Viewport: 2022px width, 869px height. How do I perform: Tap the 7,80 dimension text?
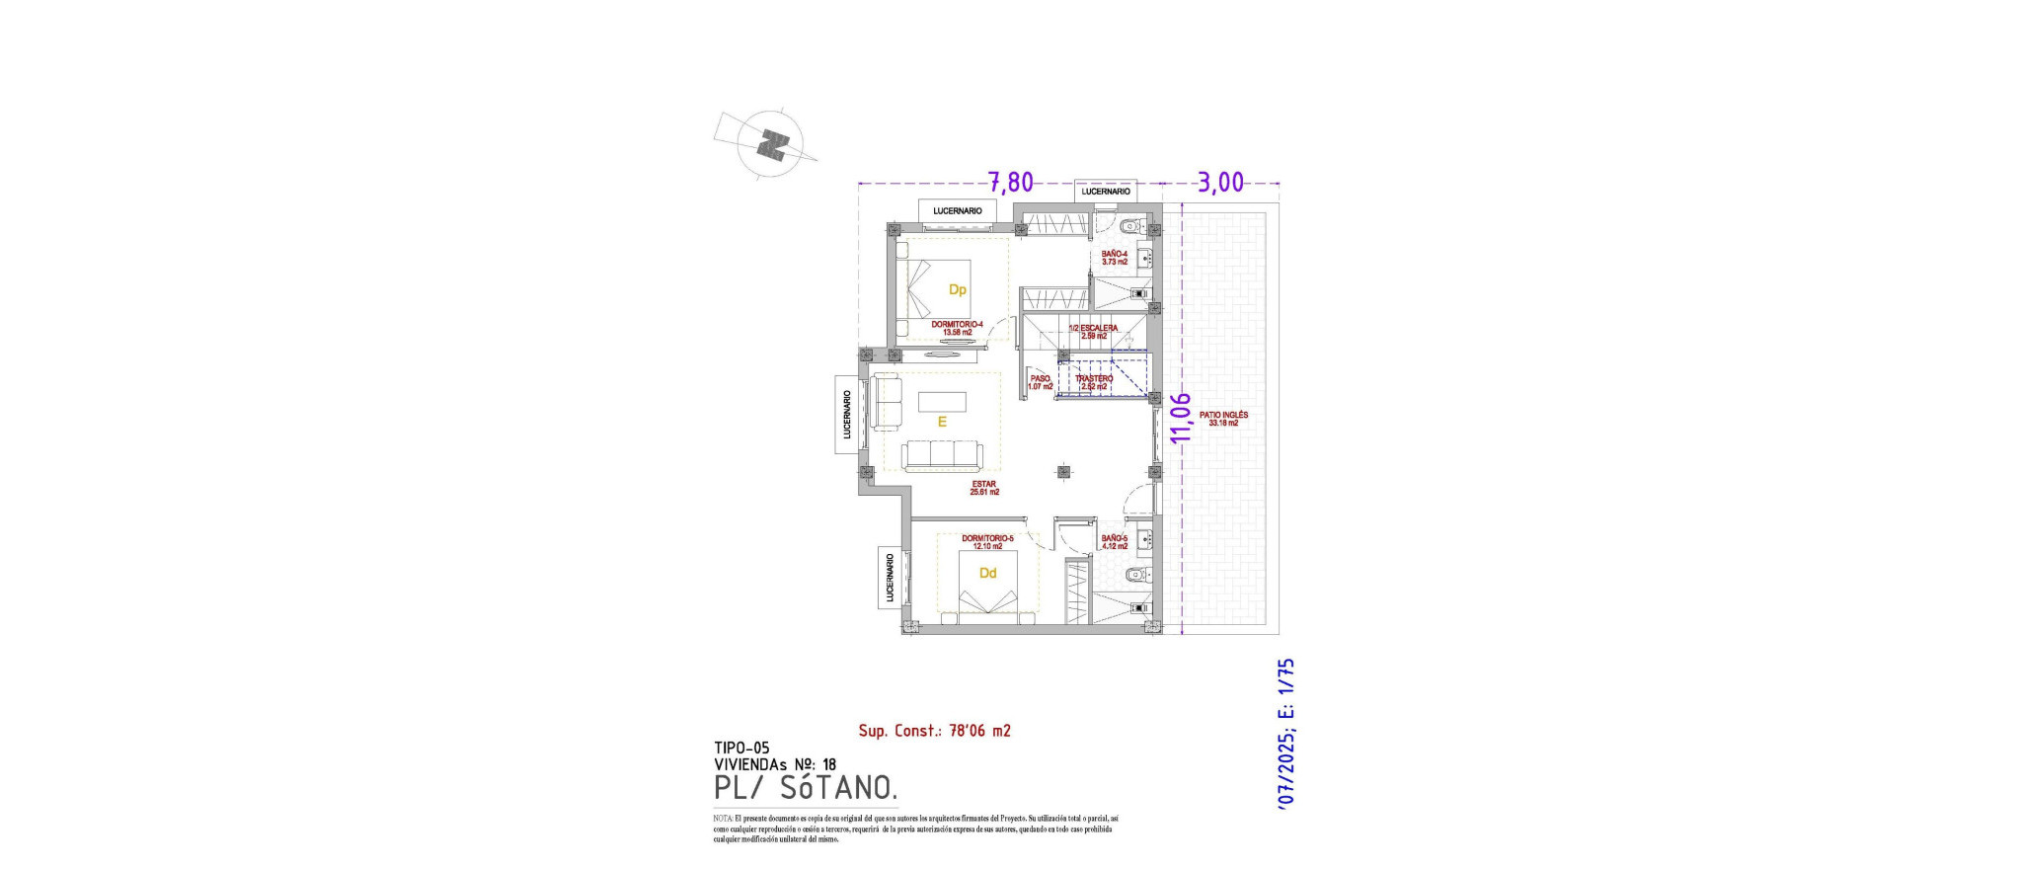[x=1010, y=183]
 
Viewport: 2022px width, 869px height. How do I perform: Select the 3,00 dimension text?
[x=1220, y=183]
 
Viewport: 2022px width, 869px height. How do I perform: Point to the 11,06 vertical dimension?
[x=1180, y=418]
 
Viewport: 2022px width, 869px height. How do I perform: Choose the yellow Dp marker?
[x=957, y=289]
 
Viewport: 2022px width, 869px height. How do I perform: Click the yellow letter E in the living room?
[x=942, y=422]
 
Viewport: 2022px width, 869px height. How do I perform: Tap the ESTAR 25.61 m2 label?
[x=984, y=488]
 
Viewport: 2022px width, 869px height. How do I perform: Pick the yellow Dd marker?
[x=987, y=573]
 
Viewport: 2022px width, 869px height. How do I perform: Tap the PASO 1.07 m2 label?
[x=1040, y=382]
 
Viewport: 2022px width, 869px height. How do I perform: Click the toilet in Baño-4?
[x=1132, y=225]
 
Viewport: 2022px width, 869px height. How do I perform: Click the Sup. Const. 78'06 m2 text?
[x=934, y=731]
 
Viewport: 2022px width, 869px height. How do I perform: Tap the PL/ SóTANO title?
[x=806, y=788]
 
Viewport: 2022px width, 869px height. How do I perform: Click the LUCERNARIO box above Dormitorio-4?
[x=958, y=210]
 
